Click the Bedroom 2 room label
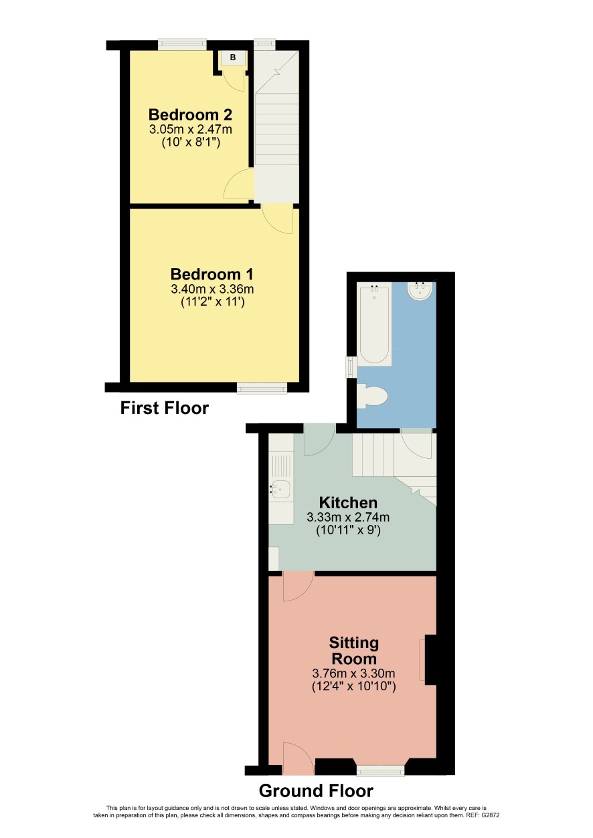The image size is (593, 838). pos(190,114)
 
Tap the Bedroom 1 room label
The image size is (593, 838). pos(212,274)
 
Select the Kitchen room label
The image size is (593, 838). pos(348,502)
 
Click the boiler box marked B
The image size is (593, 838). pos(233,58)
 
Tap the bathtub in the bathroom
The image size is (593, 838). pos(374,324)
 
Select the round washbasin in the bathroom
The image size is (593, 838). pos(420,291)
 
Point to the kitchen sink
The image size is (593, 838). pos(280,491)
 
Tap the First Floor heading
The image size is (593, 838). pos(165,408)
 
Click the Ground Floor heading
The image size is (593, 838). pos(316,791)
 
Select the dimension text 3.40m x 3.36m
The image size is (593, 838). pos(212,289)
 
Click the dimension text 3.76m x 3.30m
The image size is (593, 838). pos(354,673)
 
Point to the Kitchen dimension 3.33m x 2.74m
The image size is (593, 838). pos(348,518)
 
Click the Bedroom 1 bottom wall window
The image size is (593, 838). pos(262,388)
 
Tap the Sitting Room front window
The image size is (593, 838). pos(380,770)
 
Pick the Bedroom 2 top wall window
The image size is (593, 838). pos(182,45)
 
